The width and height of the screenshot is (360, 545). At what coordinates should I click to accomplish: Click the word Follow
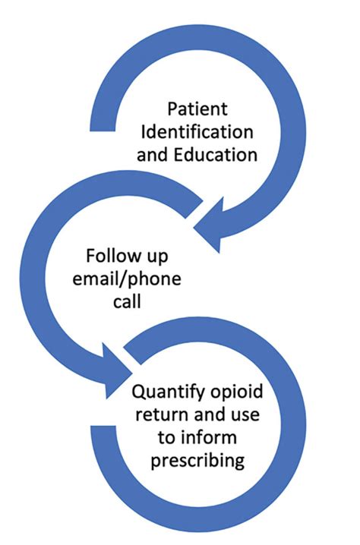point(115,254)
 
